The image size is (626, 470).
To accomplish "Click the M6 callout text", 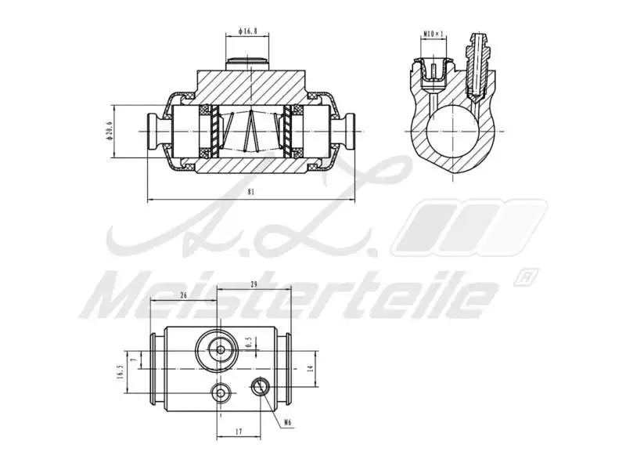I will (x=287, y=423).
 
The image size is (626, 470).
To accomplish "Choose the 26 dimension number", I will (x=182, y=295).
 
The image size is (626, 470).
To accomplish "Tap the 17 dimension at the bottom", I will (x=237, y=431).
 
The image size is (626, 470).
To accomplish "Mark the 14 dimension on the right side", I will (x=310, y=367).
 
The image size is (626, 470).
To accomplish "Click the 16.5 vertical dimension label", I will (x=120, y=371).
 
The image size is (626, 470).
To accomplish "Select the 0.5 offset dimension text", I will (x=249, y=343).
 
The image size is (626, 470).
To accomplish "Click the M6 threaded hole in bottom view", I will (x=259, y=385).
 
